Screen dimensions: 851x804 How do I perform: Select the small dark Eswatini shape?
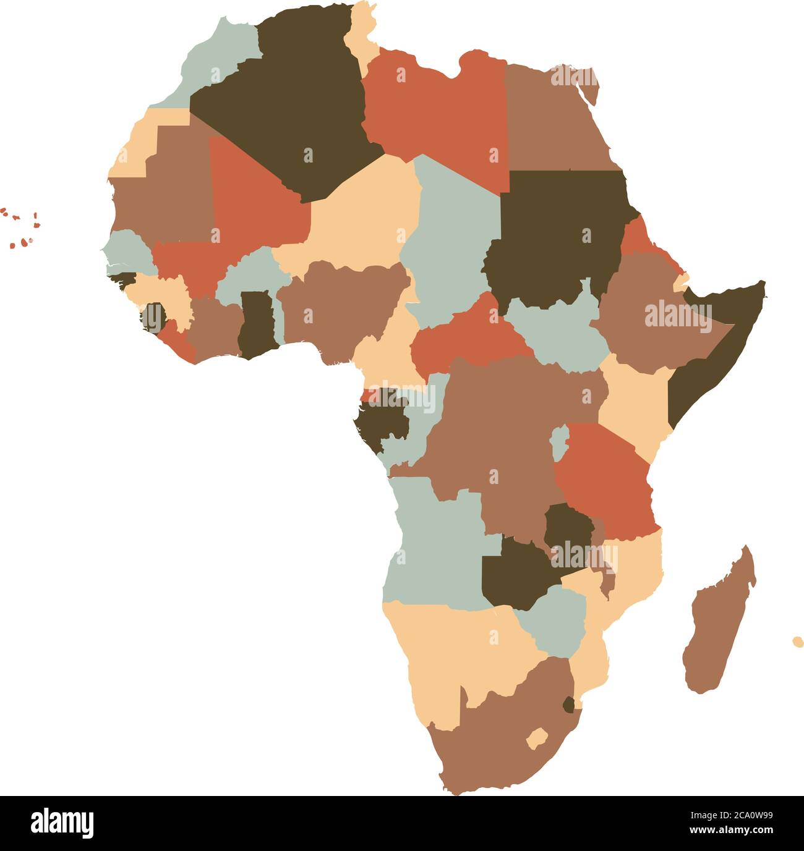point(568,704)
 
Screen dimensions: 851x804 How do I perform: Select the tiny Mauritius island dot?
point(798,641)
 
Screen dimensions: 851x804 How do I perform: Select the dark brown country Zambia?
point(513,575)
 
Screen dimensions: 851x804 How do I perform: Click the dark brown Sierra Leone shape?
point(152,318)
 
